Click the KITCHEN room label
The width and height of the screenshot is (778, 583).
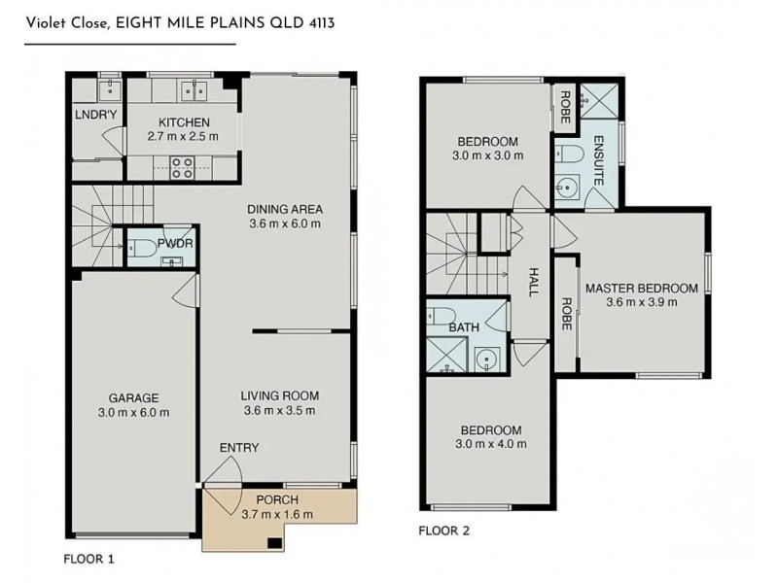coord(184,122)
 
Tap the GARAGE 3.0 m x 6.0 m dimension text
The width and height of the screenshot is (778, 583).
coord(134,412)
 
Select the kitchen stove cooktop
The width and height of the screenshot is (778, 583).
coord(182,167)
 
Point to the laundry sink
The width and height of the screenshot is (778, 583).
coord(108,89)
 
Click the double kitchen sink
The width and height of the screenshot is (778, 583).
coord(194,90)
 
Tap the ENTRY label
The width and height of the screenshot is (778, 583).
coord(239,448)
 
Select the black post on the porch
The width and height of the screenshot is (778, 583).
coord(274,543)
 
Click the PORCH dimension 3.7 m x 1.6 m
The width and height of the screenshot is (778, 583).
coord(277,515)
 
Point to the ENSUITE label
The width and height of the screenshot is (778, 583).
coord(598,160)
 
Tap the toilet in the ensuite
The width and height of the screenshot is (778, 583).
coord(569,154)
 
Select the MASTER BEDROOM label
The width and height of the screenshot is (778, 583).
coord(642,288)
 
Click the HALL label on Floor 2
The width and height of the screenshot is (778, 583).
coord(533,282)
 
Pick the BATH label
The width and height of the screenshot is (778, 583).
coord(464,327)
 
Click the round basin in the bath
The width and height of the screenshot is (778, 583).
coord(486,358)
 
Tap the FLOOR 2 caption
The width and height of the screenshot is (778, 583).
coord(444,531)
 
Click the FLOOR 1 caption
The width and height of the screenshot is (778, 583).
coord(88,560)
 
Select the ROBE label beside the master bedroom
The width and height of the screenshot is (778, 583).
coord(566,314)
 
